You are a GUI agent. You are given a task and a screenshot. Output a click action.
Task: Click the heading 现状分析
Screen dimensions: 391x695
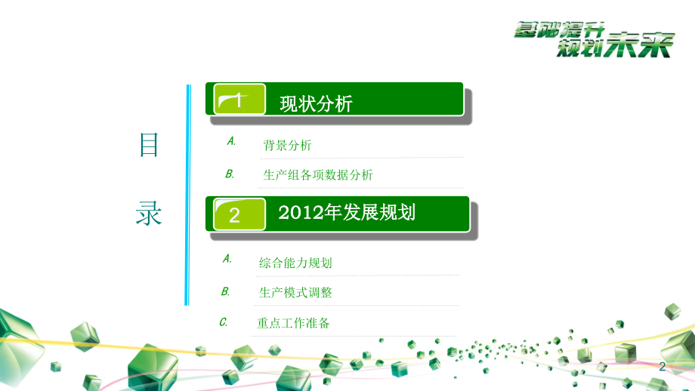tap(316, 104)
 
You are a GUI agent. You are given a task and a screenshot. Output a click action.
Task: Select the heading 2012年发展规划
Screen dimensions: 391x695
tap(347, 213)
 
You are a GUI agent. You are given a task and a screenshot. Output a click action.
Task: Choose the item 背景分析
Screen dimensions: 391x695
tap(287, 146)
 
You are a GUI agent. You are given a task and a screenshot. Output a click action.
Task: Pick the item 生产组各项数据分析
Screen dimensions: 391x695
tap(318, 175)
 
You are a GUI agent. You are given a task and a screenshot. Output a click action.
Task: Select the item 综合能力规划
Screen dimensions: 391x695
tap(295, 263)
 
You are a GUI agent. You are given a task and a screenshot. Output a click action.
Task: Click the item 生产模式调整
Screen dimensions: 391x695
tap(295, 292)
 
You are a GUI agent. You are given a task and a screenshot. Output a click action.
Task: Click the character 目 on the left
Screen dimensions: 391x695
tap(149, 145)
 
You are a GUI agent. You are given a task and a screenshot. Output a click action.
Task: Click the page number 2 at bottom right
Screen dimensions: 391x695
tap(663, 367)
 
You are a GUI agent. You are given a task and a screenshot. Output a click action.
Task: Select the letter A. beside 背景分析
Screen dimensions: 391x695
tap(231, 141)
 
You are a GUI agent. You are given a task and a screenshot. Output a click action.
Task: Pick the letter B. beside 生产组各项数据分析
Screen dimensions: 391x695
tap(230, 174)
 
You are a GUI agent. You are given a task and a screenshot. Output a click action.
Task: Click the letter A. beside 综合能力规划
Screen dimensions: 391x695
tap(227, 258)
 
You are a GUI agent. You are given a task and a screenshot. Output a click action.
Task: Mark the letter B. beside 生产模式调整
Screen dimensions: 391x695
tap(225, 291)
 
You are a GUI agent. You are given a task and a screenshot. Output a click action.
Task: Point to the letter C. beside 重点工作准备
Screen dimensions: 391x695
tap(224, 322)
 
